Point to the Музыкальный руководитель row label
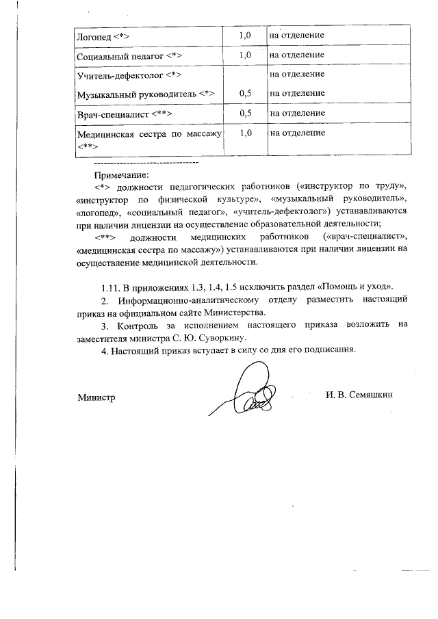[147, 93]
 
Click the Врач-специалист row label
[125, 113]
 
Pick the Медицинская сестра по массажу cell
[150, 139]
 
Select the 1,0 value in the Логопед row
[246, 34]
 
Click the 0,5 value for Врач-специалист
[246, 113]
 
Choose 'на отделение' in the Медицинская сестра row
[297, 133]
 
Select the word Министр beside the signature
[96, 397]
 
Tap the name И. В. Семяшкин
[361, 395]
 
